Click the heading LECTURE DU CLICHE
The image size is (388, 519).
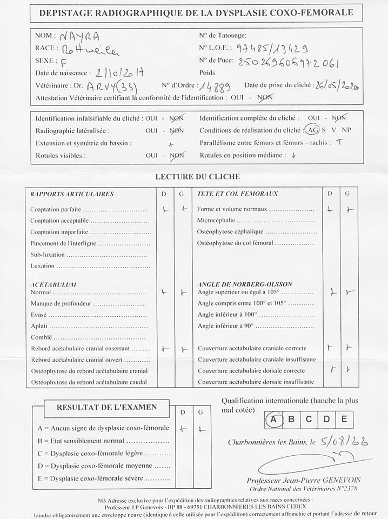(x=197, y=176)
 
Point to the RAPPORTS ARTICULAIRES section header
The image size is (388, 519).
(x=72, y=194)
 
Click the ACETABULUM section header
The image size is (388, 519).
(x=53, y=284)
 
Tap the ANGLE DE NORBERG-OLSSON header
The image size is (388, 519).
(x=245, y=284)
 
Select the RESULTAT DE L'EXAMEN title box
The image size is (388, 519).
(x=107, y=407)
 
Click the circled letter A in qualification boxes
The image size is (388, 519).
(x=275, y=419)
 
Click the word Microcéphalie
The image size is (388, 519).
(x=217, y=221)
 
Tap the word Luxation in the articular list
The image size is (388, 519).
(x=43, y=266)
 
